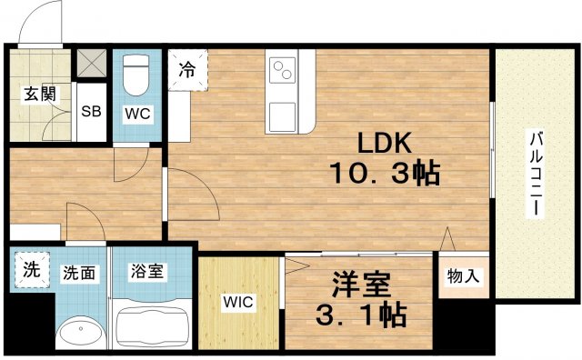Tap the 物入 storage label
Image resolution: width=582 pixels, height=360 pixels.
(x=463, y=275)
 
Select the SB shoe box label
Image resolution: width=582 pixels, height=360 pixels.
(x=91, y=113)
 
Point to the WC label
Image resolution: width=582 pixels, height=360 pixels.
(x=139, y=114)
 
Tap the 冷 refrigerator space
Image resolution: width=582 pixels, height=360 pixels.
(x=187, y=69)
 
